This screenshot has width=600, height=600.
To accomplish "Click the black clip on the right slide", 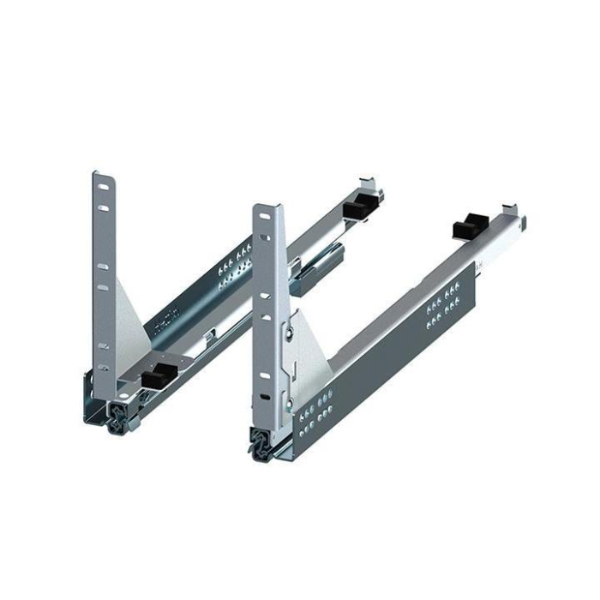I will coord(468,227).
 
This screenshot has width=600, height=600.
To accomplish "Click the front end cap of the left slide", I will coord(115,417).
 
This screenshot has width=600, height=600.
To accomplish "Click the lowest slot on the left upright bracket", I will coord(103,369).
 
